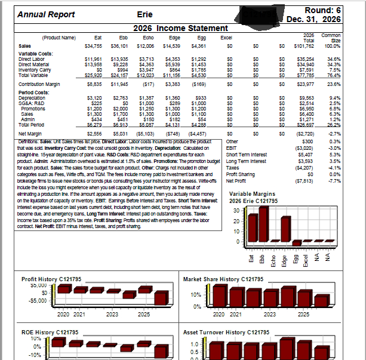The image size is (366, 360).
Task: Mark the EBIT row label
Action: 236,147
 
